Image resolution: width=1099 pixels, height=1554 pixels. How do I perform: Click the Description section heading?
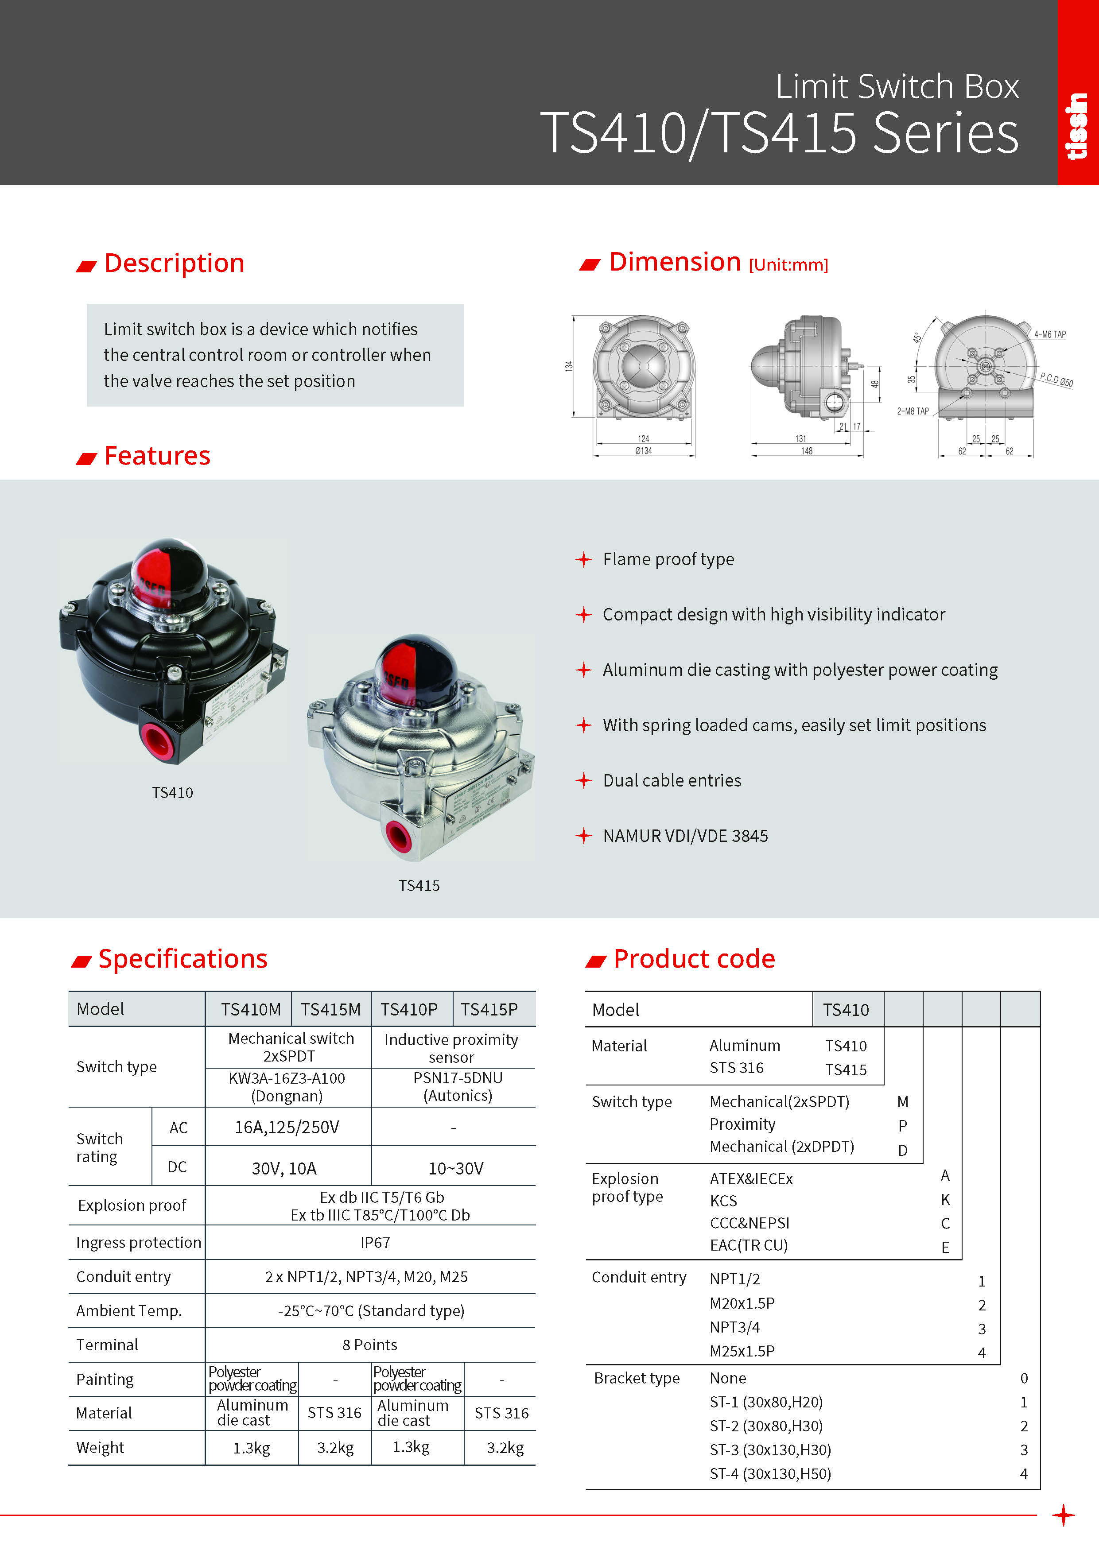point(174,264)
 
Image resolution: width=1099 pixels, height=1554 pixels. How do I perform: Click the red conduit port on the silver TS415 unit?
point(398,837)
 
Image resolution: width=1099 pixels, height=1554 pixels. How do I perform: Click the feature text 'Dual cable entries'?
point(672,780)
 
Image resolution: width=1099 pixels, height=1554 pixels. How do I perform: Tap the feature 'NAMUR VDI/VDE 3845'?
point(685,836)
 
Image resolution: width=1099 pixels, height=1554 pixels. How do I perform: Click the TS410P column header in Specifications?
point(409,1009)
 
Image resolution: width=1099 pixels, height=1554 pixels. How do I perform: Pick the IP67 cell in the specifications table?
point(374,1243)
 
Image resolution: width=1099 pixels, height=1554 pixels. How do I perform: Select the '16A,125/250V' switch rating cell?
point(287,1127)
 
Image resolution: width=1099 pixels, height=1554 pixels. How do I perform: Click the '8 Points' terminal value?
point(370,1345)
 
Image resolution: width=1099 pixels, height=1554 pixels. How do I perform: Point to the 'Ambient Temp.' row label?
point(128,1310)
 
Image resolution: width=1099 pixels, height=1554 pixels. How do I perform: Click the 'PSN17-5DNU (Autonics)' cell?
point(458,1086)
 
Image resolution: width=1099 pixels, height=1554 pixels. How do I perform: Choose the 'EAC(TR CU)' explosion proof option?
point(748,1245)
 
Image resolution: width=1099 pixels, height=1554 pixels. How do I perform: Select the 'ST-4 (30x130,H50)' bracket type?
point(770,1473)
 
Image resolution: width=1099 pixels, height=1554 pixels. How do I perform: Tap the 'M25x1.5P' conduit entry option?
point(742,1351)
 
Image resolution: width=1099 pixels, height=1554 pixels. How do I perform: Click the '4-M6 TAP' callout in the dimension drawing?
point(1049,334)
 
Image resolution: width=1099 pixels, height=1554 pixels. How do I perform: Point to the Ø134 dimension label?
point(643,451)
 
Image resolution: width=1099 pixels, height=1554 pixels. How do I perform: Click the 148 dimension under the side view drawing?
point(807,451)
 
